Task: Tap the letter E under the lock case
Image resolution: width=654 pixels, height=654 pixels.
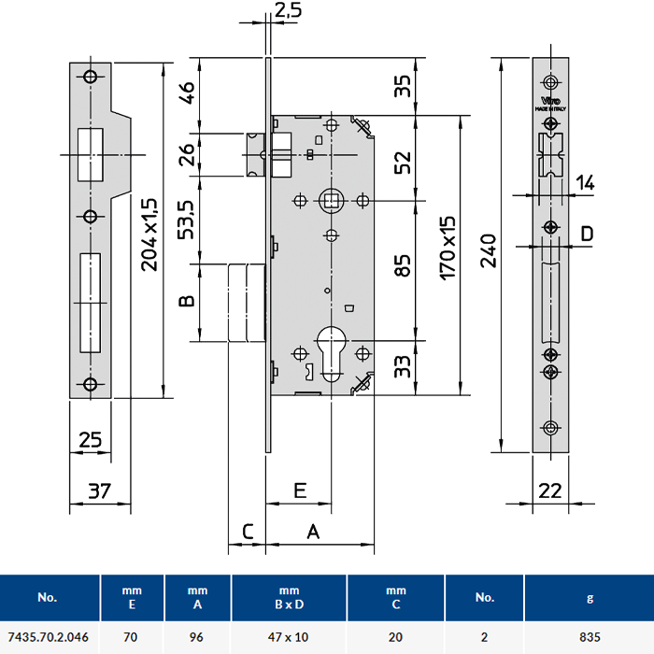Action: click(299, 489)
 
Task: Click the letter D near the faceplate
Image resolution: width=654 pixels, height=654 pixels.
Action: click(587, 234)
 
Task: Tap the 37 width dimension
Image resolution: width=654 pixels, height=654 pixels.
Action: click(99, 490)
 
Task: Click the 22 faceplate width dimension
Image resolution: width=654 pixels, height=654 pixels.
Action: click(551, 490)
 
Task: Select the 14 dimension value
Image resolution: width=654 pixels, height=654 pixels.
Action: click(585, 183)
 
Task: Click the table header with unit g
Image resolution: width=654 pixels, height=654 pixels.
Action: click(589, 597)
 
